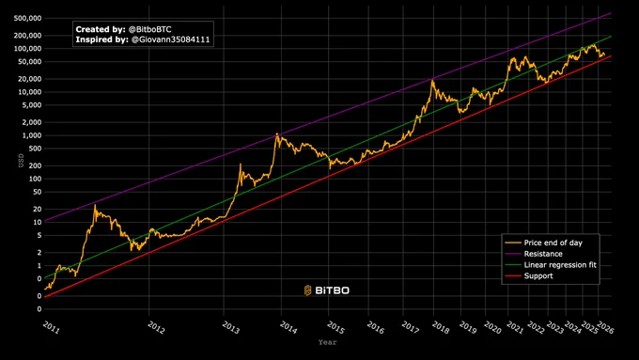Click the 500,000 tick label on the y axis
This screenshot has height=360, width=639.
point(27,19)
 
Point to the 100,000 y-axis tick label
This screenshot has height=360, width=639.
point(27,49)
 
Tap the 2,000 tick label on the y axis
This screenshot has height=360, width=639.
point(31,122)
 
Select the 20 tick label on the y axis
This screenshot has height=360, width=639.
point(38,210)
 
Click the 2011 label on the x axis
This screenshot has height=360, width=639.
point(51,327)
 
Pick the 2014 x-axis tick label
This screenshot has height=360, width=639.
point(288,327)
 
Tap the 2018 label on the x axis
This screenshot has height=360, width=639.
point(441,327)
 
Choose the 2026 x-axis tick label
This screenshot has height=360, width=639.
point(605,327)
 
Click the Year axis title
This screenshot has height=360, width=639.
point(328,342)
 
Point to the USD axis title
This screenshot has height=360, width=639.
point(21,160)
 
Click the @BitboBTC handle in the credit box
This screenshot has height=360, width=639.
point(150,29)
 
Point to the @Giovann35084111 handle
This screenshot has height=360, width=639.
point(170,39)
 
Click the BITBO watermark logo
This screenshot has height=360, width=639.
point(327,290)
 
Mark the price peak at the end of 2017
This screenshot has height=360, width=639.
point(432,81)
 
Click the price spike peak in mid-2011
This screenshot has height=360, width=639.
point(95,205)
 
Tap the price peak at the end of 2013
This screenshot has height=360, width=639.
point(276,133)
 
